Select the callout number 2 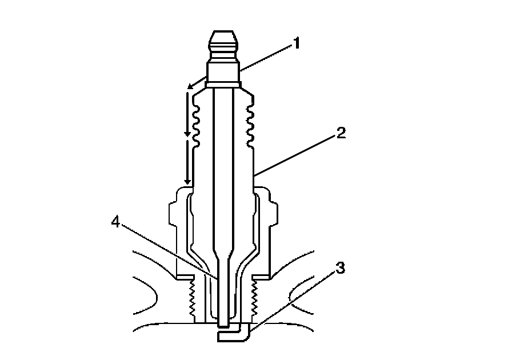pyautogui.click(x=340, y=134)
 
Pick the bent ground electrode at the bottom pyautogui.click(x=234, y=337)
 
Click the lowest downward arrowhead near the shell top pyautogui.click(x=187, y=182)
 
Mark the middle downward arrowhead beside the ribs pyautogui.click(x=187, y=134)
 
